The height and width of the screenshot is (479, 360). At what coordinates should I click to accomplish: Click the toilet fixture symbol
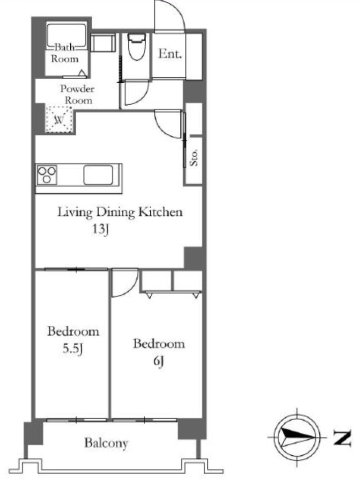(136, 47)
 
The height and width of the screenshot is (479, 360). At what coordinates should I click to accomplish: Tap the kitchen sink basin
(98, 175)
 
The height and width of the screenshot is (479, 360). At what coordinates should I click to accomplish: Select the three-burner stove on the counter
(47, 175)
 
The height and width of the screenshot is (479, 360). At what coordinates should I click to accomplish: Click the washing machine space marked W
(59, 119)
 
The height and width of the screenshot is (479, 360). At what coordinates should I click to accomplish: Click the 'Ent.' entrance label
(170, 54)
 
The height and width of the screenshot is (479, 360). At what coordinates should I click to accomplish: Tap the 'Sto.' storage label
(194, 158)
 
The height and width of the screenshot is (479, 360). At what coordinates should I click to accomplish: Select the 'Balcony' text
(106, 443)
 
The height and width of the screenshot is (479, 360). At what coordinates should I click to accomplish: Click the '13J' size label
(101, 229)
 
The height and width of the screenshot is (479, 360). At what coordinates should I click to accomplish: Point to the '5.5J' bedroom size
(73, 349)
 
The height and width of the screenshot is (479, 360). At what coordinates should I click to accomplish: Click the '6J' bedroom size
(159, 362)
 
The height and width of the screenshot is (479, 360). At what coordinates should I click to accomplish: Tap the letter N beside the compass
(342, 438)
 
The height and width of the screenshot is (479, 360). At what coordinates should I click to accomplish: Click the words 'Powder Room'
(77, 94)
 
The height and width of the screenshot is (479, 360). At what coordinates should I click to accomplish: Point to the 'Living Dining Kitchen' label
(120, 212)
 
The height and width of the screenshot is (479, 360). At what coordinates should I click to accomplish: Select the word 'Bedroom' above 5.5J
(73, 331)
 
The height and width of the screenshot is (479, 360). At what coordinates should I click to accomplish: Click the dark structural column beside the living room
(193, 258)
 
